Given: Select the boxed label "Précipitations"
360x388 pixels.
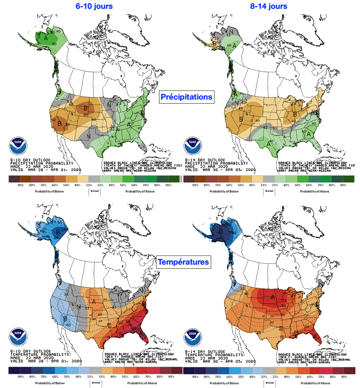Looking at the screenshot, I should pyautogui.click(x=186, y=97).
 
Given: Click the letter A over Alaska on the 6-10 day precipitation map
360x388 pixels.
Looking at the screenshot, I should pyautogui.click(x=46, y=37).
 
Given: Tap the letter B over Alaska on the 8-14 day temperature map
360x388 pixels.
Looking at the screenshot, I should pyautogui.click(x=221, y=232).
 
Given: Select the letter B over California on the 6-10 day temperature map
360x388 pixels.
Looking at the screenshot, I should pyautogui.click(x=65, y=319).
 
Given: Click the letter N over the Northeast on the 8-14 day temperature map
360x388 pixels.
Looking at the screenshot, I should pyautogui.click(x=320, y=283).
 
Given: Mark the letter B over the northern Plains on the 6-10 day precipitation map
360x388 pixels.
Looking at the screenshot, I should pyautogui.click(x=85, y=108).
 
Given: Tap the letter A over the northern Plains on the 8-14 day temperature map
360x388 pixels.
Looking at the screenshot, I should pyautogui.click(x=272, y=297).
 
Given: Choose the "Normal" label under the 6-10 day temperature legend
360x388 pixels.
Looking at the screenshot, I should pyautogui.click(x=94, y=382).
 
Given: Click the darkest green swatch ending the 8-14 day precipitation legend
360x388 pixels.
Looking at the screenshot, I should pyautogui.click(x=350, y=179).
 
